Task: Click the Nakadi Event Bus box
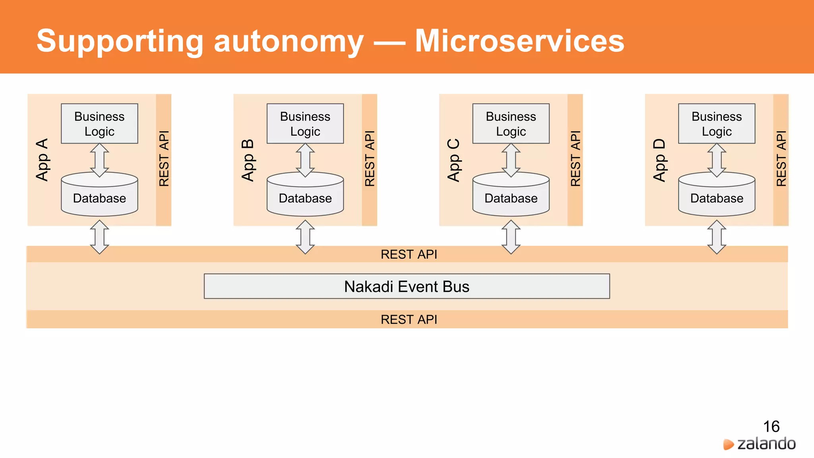pyautogui.click(x=407, y=286)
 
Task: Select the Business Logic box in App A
pyautogui.click(x=99, y=124)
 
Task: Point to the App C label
pyautogui.click(x=454, y=160)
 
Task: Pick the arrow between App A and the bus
pyautogui.click(x=99, y=237)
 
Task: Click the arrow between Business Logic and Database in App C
pyautogui.click(x=511, y=160)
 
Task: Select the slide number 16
pyautogui.click(x=771, y=427)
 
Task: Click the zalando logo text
pyautogui.click(x=766, y=444)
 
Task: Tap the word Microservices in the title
pyautogui.click(x=519, y=41)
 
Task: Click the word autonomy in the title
pyautogui.click(x=289, y=42)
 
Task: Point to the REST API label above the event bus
pyautogui.click(x=409, y=254)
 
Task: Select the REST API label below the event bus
pyautogui.click(x=409, y=319)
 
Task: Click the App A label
pyautogui.click(x=42, y=160)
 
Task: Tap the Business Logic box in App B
pyautogui.click(x=305, y=124)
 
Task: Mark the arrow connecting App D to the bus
pyautogui.click(x=717, y=237)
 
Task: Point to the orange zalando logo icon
pyautogui.click(x=728, y=444)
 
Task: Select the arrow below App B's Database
pyautogui.click(x=305, y=237)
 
